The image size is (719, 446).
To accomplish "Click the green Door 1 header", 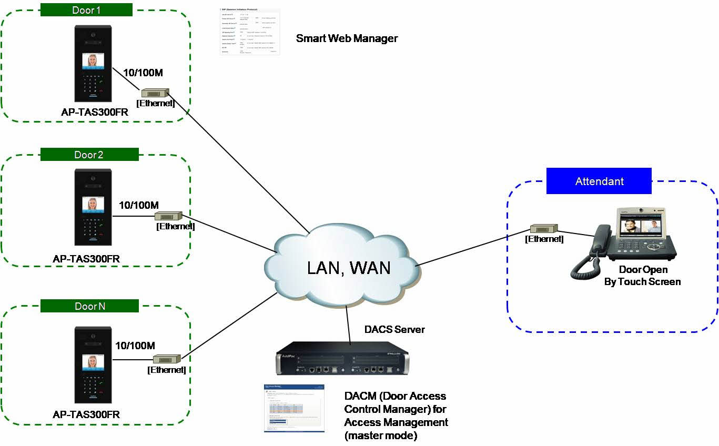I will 86,10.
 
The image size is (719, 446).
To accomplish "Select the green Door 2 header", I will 89,155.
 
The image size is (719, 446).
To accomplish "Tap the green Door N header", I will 89,306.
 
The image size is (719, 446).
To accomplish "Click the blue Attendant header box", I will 599,181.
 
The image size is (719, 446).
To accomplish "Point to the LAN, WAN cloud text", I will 349,268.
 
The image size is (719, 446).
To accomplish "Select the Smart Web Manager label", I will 347,38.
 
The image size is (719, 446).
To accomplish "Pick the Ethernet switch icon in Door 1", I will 155,93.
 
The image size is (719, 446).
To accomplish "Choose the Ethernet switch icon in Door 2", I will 168,216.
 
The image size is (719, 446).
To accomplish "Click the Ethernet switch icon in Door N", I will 167,359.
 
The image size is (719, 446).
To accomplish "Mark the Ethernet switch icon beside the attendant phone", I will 544,229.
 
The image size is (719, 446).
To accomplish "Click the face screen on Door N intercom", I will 93,362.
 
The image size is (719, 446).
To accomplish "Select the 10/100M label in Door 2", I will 139,205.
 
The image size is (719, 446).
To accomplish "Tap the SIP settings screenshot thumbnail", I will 250,32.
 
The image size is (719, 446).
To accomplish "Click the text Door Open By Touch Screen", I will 643,276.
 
